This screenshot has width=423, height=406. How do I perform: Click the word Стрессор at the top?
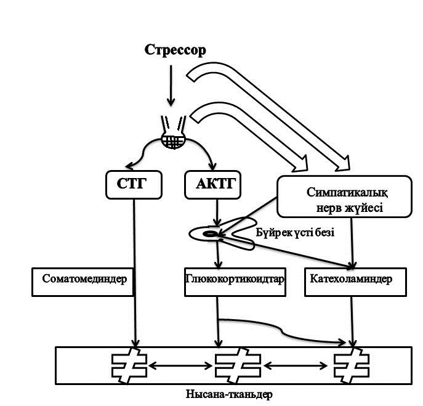(x=175, y=50)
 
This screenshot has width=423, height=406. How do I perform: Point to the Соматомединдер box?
(x=84, y=280)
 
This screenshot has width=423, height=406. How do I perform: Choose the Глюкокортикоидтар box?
(x=234, y=280)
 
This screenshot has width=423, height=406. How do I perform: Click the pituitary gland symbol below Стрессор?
(x=173, y=141)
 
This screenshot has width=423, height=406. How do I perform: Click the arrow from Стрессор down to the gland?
(x=171, y=86)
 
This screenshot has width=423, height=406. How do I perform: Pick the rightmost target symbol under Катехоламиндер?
(x=351, y=366)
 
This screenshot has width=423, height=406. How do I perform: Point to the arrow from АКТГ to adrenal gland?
(x=216, y=213)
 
